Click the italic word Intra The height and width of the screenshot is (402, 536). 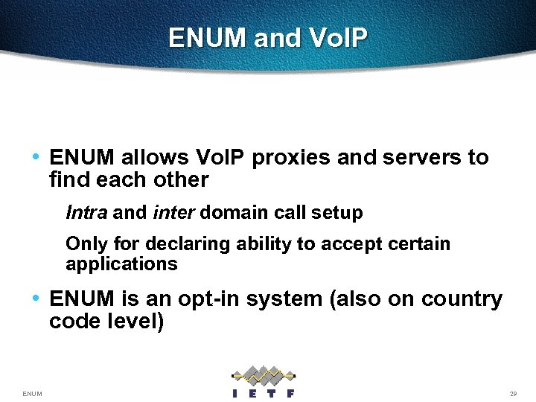click(x=87, y=213)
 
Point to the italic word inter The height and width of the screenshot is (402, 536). click(x=173, y=213)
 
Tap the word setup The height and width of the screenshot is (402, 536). click(x=337, y=213)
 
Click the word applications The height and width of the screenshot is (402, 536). click(x=121, y=264)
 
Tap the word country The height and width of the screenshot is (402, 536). click(x=462, y=299)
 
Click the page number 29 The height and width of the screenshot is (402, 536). click(x=513, y=393)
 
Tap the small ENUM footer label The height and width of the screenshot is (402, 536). click(x=32, y=393)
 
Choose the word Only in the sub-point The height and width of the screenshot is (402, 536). click(x=84, y=244)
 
